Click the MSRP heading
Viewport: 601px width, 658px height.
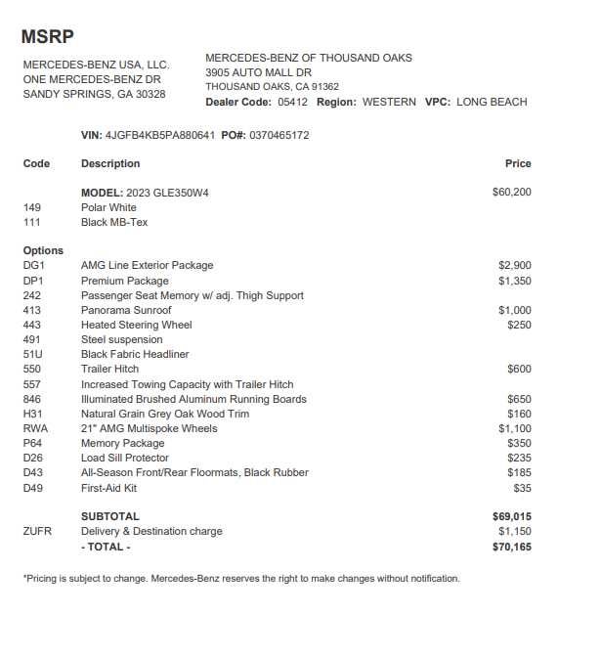47,37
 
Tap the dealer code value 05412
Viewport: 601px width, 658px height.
292,102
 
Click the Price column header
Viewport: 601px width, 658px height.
518,163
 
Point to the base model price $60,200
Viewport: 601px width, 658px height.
512,193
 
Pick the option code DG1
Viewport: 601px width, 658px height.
33,265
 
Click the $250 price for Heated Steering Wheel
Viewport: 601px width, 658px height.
519,325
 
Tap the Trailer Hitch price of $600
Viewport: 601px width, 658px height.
519,369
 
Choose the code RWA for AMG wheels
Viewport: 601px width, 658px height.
35,428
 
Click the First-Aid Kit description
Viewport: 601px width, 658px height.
108,487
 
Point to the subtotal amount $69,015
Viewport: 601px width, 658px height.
512,515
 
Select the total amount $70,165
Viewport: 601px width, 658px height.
512,547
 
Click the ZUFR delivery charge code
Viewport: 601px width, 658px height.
37,531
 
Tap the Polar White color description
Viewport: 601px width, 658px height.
108,207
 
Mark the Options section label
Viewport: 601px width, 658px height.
43,250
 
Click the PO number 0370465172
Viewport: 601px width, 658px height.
279,135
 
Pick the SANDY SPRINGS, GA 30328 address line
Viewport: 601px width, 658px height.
94,94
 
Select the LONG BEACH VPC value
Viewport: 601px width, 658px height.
492,102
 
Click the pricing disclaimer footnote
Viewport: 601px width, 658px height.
240,578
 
